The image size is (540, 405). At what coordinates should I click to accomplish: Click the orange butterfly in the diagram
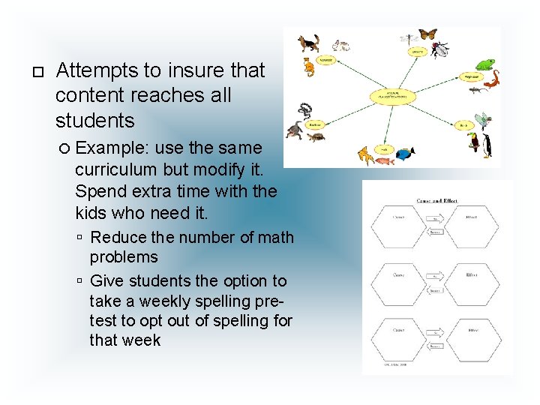tap(427, 34)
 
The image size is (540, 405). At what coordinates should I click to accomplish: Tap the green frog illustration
tap(485, 65)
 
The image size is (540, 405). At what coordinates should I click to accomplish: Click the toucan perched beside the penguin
tap(474, 142)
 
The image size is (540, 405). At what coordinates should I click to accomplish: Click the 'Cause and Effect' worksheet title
tap(437, 201)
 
